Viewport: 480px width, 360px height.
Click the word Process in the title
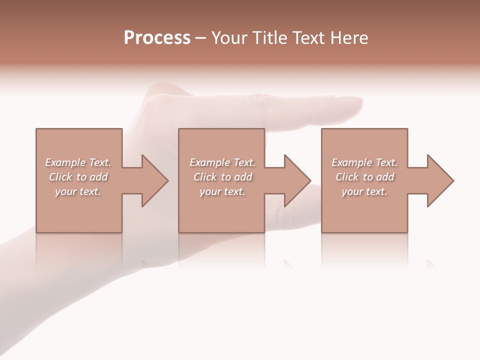click(x=157, y=38)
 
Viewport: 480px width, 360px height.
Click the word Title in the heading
click(x=270, y=38)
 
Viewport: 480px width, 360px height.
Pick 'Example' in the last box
click(x=352, y=162)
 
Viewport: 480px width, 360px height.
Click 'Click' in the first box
click(x=60, y=177)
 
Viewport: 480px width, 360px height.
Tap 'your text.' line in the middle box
click(x=222, y=191)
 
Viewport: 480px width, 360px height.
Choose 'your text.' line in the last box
click(x=364, y=191)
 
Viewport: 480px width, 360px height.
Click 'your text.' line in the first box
click(x=77, y=191)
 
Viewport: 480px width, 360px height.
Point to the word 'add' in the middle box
click(x=243, y=177)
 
